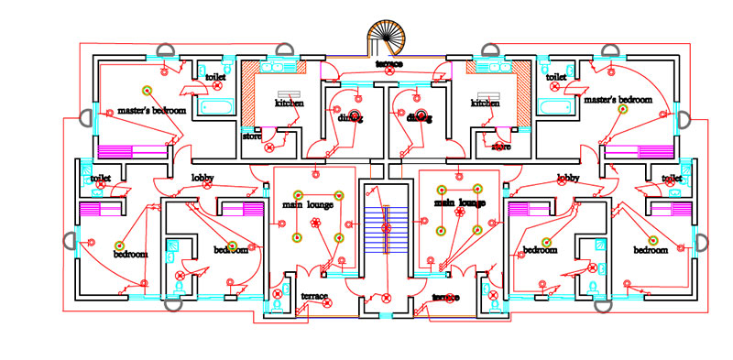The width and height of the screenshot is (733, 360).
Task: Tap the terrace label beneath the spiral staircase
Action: [x=388, y=64]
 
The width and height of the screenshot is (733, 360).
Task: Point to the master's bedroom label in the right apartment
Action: [x=618, y=99]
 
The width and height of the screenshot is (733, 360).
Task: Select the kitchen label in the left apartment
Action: [x=290, y=104]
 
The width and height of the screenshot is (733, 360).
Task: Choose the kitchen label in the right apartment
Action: [x=485, y=104]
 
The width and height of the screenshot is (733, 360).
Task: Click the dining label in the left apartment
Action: [x=350, y=118]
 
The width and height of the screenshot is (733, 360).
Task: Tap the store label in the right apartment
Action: [x=501, y=146]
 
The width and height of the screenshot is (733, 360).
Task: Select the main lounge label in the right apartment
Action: [x=459, y=202]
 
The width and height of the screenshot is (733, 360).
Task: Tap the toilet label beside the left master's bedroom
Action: [x=215, y=77]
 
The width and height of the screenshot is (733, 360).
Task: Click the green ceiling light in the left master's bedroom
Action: [x=146, y=89]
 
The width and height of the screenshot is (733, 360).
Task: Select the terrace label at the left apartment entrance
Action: [x=314, y=296]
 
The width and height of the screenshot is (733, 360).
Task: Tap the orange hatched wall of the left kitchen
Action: [x=247, y=96]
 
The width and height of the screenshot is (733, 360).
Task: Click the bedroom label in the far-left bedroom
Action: [x=130, y=255]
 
